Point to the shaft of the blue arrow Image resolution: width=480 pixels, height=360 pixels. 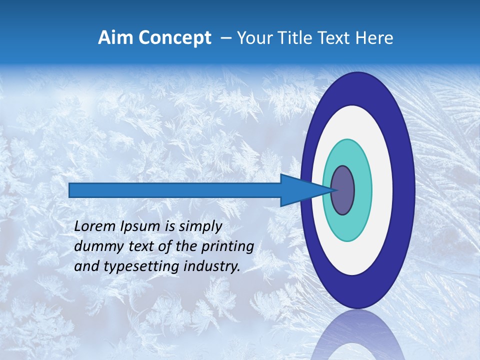pyautogui.click(x=175, y=190)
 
